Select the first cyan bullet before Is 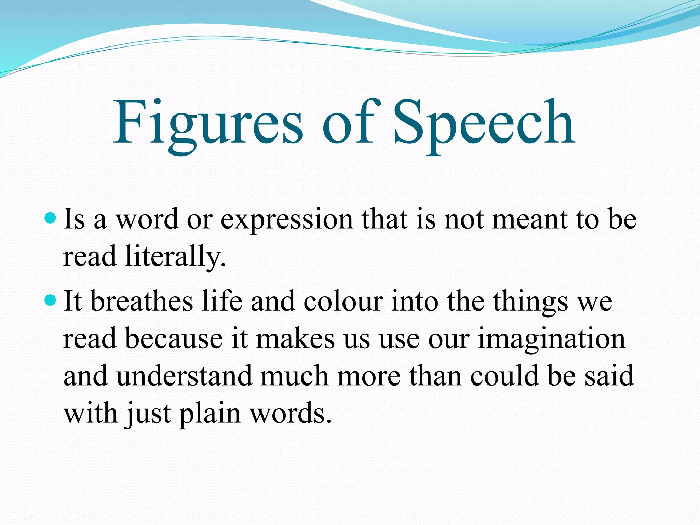click(x=50, y=218)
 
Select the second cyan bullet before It click(x=50, y=300)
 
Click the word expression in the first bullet click(x=286, y=219)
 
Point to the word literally click(x=175, y=256)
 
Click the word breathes click(x=142, y=301)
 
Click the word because click(x=174, y=338)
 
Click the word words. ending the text click(x=291, y=414)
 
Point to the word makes click(x=295, y=338)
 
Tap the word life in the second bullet click(x=222, y=301)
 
